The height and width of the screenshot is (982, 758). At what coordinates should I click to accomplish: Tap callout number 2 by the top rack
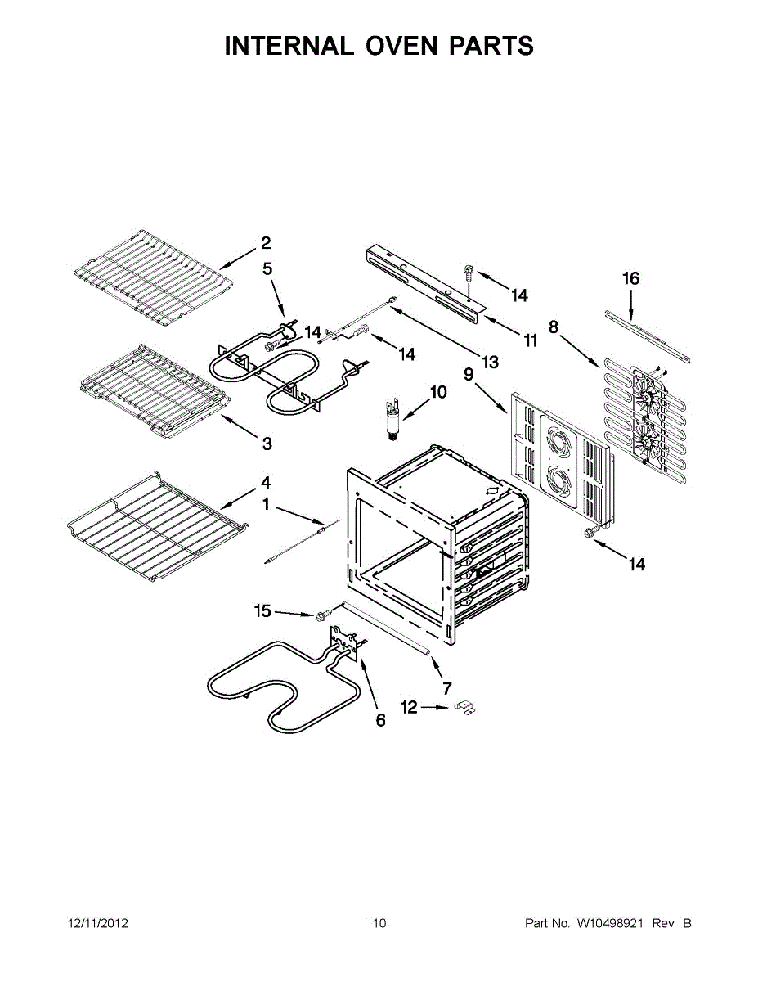[x=266, y=242]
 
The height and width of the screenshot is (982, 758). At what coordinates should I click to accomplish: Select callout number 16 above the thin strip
[x=630, y=278]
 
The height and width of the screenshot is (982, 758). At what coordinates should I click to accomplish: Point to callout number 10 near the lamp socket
[x=438, y=392]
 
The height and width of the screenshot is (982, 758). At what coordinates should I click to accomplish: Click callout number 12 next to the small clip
[x=409, y=706]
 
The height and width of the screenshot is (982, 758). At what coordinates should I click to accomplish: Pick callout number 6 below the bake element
[x=380, y=721]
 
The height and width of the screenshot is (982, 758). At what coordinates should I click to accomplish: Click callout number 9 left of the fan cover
[x=469, y=374]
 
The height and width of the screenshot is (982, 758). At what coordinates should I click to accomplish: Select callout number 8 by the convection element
[x=554, y=327]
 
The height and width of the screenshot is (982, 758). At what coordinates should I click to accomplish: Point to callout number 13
[x=491, y=360]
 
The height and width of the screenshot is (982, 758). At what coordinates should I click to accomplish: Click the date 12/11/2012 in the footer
[x=97, y=924]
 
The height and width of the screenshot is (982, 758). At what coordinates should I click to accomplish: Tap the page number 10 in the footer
[x=379, y=924]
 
